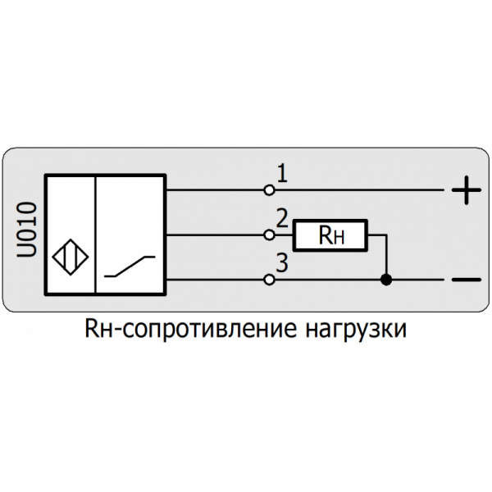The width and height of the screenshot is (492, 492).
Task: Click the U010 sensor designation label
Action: (26, 233)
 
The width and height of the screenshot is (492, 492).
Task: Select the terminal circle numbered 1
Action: (269, 190)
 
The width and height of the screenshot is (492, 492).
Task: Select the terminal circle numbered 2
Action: (269, 235)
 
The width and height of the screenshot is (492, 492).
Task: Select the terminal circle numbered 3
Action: (269, 280)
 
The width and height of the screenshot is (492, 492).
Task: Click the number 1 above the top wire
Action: (281, 174)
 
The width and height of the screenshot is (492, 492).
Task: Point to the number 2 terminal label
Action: (281, 219)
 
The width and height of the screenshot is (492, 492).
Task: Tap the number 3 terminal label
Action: (281, 264)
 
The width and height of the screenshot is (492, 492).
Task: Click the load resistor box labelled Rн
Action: (332, 235)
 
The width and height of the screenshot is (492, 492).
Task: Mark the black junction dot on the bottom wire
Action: (386, 280)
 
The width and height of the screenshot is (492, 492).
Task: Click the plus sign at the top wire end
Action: (465, 192)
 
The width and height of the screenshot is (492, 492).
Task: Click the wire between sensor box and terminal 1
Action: (217, 190)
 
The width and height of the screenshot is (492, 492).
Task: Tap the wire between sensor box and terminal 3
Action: (217, 280)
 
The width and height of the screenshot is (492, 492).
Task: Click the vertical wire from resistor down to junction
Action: (386, 257)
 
